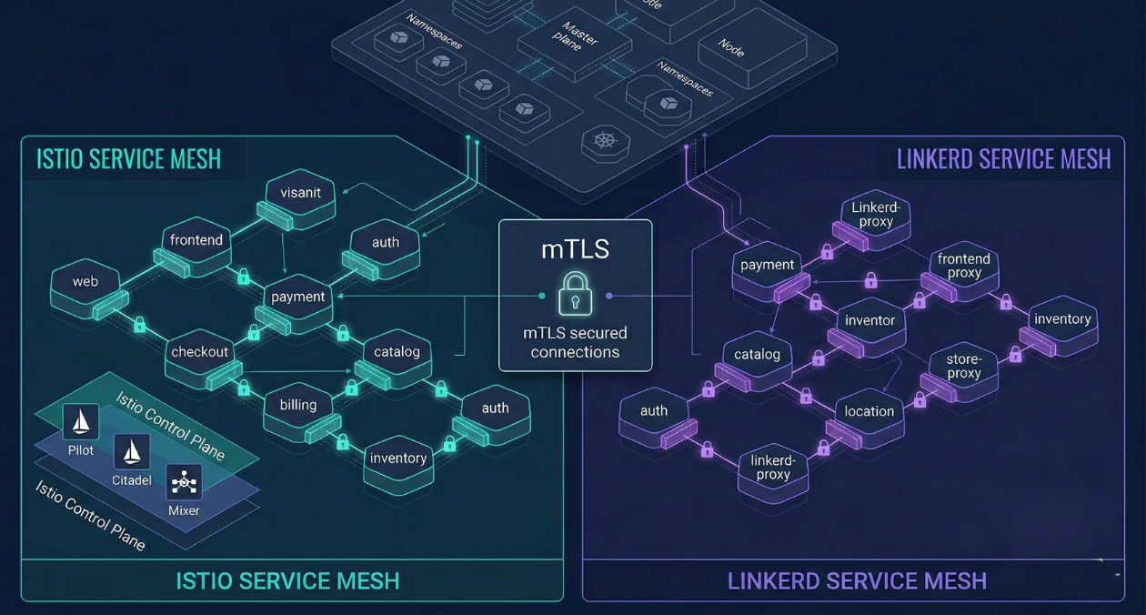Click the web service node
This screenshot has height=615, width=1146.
click(85, 282)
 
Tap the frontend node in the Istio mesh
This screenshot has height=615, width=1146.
click(196, 241)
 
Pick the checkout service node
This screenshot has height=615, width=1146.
click(200, 353)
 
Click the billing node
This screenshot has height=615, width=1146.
click(298, 406)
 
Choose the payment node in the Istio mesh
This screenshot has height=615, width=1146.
click(298, 297)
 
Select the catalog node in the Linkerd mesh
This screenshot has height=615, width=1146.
click(757, 355)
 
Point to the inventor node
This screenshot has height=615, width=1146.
click(870, 320)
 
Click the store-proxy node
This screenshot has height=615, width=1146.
click(963, 366)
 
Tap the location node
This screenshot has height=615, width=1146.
click(869, 411)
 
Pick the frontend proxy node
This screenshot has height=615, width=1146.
click(964, 266)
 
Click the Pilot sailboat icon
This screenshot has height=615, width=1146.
click(81, 421)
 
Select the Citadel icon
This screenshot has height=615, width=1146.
click(132, 450)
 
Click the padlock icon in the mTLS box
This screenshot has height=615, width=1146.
click(575, 292)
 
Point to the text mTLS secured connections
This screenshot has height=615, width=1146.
click(575, 342)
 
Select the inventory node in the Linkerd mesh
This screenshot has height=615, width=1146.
click(1062, 319)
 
